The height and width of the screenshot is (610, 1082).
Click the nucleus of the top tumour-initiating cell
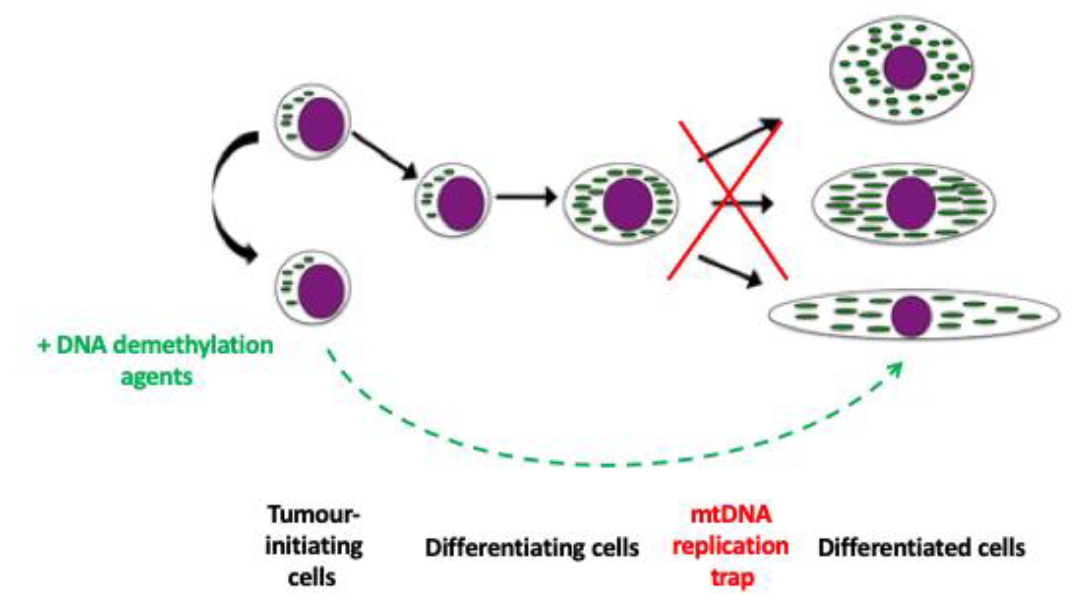click(321, 124)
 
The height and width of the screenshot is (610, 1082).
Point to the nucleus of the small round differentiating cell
click(461, 203)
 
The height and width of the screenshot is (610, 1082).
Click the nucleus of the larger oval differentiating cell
click(627, 204)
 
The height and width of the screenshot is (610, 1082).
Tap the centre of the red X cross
click(728, 200)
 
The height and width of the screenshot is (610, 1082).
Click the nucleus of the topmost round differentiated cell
click(905, 67)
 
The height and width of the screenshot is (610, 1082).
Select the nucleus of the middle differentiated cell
click(911, 203)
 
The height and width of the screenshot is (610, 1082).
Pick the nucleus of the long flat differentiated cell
click(911, 316)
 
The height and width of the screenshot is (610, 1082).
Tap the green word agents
click(157, 376)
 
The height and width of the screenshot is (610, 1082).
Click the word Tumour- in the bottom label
click(314, 514)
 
